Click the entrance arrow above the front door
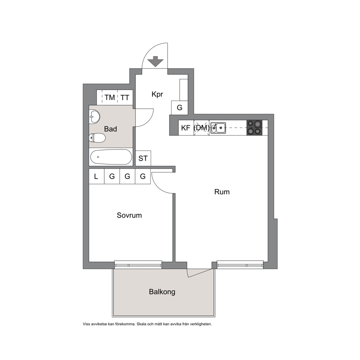(155, 61)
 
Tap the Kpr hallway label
(157, 94)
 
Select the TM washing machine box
(110, 97)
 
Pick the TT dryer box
(125, 97)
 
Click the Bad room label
(110, 129)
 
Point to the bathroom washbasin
(94, 116)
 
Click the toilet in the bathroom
(97, 138)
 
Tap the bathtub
(111, 157)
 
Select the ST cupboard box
(143, 158)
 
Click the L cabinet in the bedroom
(97, 176)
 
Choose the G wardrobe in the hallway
(180, 107)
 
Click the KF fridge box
(186, 128)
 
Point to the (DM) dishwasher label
(201, 128)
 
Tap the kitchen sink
(218, 128)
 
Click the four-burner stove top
(254, 128)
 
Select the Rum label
(222, 192)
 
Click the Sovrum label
(129, 215)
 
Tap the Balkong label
(162, 292)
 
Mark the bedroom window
(138, 265)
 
